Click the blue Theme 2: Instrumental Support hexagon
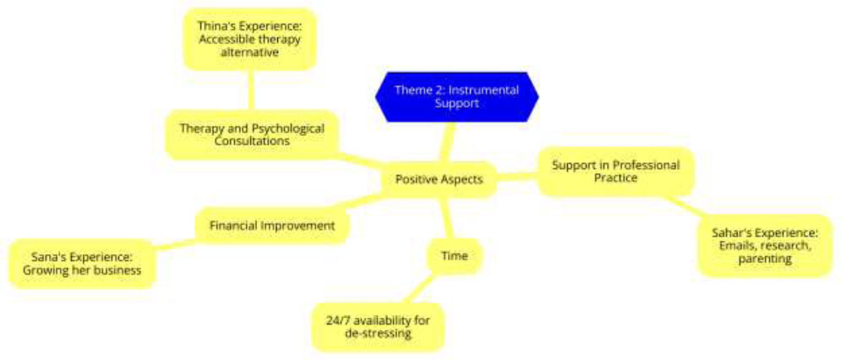457,97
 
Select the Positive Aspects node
439,179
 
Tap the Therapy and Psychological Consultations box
252,134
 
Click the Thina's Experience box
249,39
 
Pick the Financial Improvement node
272,226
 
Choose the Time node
454,256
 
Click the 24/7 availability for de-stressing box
378,327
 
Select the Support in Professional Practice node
615,172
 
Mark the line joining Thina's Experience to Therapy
250,90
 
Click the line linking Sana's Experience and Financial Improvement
176,243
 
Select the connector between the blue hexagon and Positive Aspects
446,142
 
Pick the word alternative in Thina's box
249,52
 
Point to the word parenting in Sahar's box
766,259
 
